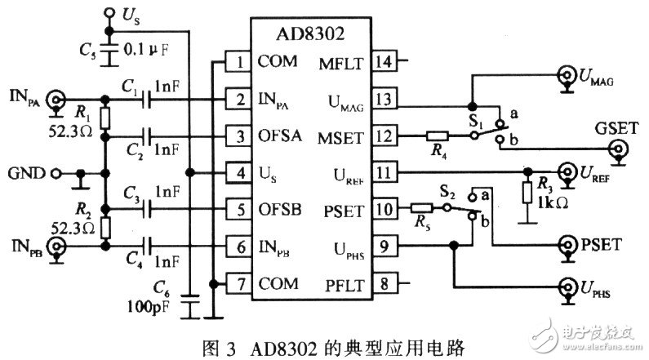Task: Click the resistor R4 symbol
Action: pyautogui.click(x=440, y=136)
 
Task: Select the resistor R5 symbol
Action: pyautogui.click(x=422, y=209)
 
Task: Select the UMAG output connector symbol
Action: pyautogui.click(x=565, y=78)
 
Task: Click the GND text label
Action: pyautogui.click(x=24, y=173)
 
